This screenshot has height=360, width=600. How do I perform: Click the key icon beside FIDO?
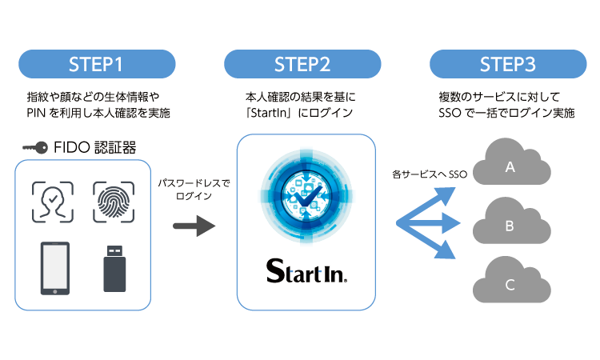(x=35, y=147)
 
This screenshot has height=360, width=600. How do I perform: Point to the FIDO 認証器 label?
(x=97, y=147)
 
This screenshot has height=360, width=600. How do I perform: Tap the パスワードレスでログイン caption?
(x=194, y=190)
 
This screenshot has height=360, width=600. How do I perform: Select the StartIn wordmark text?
(x=306, y=272)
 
